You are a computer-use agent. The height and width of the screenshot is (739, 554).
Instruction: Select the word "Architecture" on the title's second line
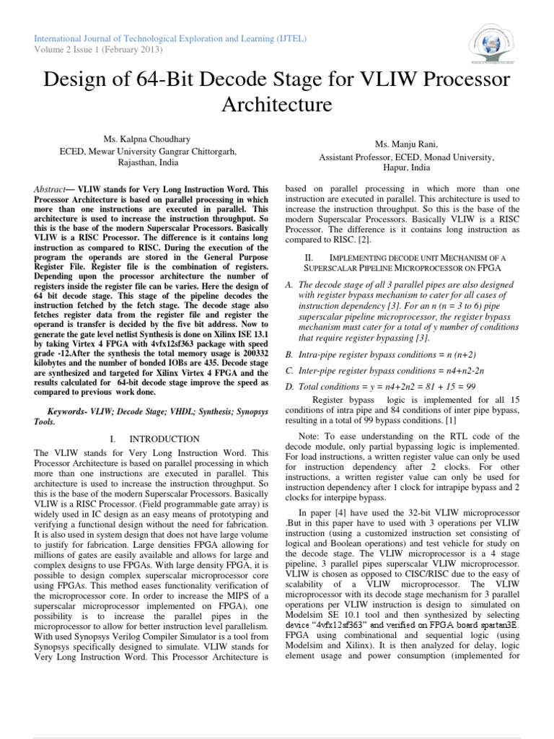(276, 105)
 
